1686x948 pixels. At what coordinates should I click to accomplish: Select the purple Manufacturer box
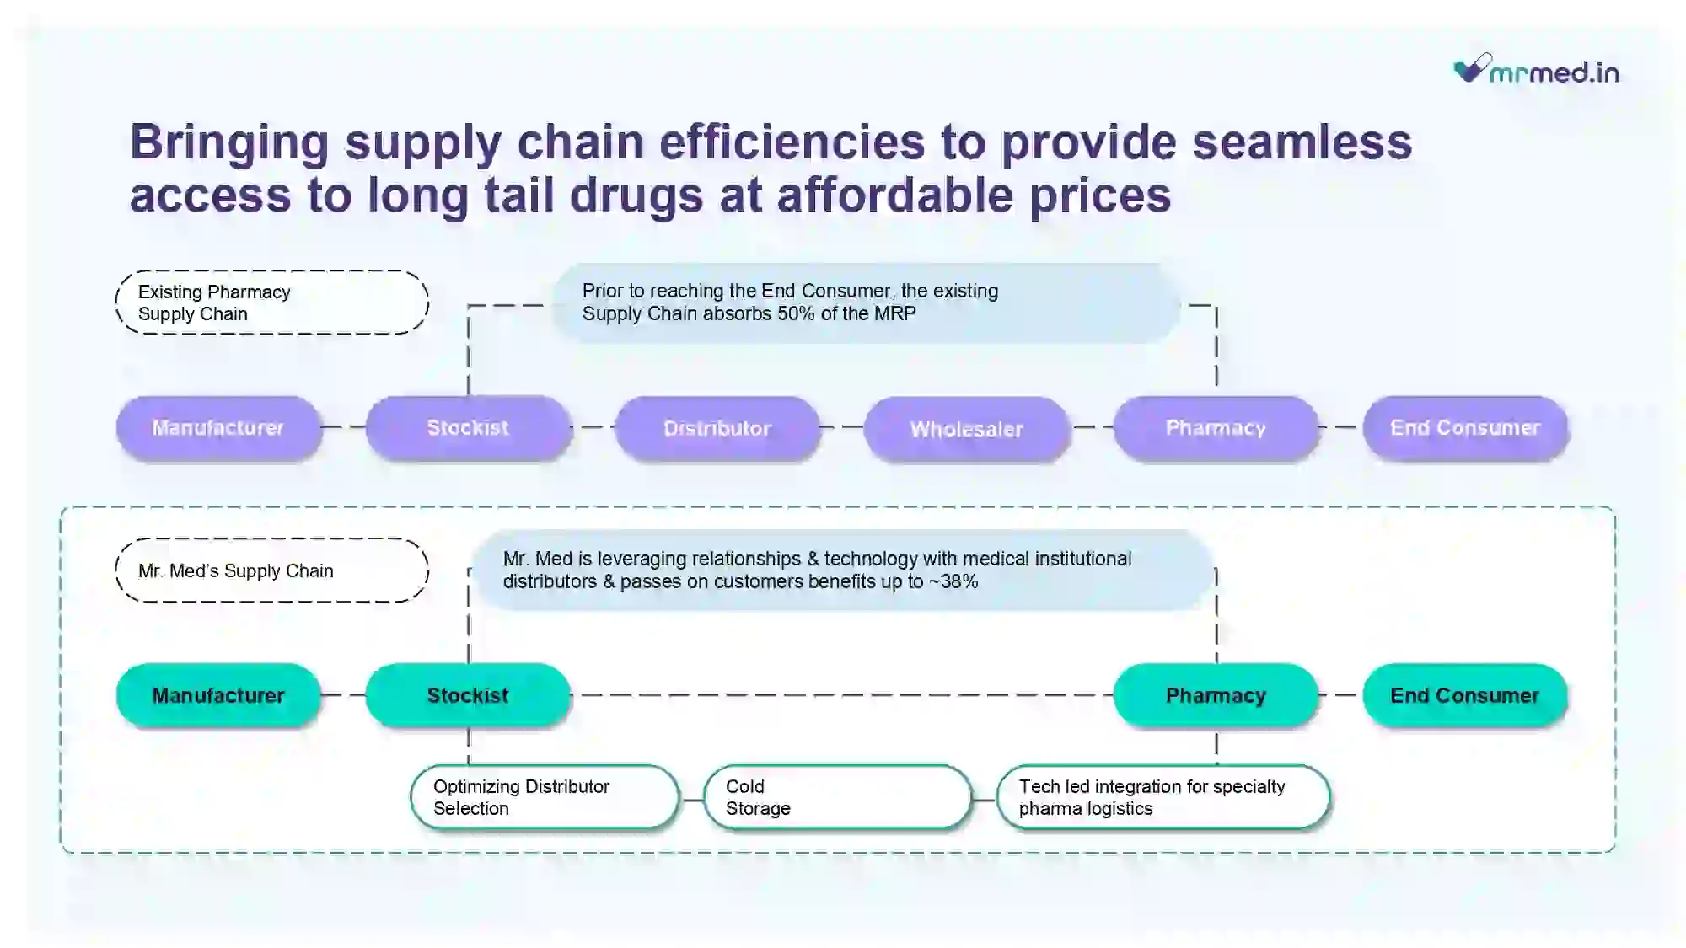point(218,428)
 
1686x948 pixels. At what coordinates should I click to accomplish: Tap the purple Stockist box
point(468,428)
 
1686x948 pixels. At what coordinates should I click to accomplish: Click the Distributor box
point(717,428)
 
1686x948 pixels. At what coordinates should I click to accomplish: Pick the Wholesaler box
point(967,429)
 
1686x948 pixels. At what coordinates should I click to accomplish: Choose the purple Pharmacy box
point(1216,428)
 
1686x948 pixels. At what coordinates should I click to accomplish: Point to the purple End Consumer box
point(1465,428)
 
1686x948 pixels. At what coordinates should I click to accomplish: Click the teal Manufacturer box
point(218,695)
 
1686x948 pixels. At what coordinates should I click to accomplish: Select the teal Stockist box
point(468,695)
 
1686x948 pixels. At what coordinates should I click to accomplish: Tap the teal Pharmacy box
point(1216,695)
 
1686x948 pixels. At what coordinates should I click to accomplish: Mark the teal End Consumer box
point(1465,695)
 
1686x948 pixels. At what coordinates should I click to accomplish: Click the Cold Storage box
point(838,797)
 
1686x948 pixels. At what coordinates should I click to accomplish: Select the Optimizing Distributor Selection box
point(545,797)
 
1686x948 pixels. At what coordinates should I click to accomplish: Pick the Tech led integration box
point(1163,797)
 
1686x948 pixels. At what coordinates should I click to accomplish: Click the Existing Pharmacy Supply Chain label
point(271,303)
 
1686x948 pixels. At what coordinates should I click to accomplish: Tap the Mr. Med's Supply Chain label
point(271,570)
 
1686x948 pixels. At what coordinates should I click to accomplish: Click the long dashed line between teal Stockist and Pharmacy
point(842,695)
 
